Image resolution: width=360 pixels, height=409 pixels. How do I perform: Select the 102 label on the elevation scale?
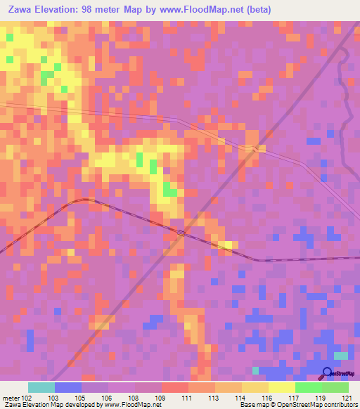[x=27, y=397]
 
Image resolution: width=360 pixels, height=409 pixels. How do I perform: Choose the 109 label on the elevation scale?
[x=160, y=397]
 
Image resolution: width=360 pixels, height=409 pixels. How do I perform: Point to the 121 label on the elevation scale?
[x=347, y=397]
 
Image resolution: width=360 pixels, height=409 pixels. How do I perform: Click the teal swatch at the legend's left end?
[x=41, y=387]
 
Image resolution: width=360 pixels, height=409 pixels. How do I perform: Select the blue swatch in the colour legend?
[x=67, y=387]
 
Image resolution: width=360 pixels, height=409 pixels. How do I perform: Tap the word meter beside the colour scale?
[x=11, y=397]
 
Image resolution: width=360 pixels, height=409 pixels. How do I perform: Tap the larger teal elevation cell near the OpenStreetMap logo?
[x=341, y=357]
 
